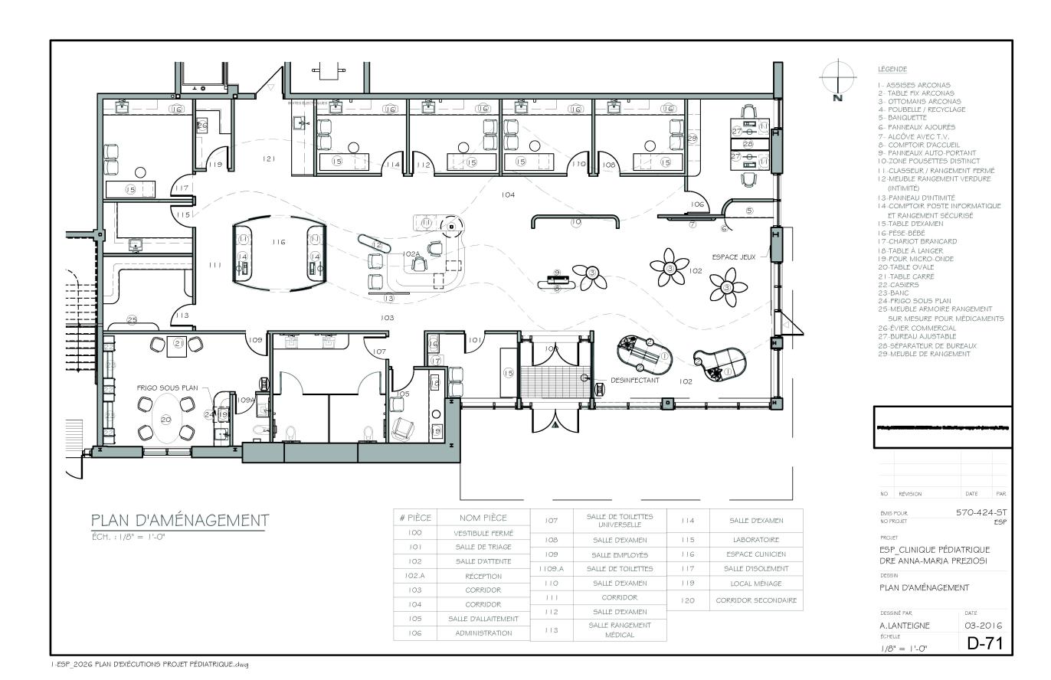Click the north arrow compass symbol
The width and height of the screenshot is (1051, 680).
pyautogui.click(x=839, y=77)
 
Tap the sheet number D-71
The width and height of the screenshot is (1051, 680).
pyautogui.click(x=984, y=643)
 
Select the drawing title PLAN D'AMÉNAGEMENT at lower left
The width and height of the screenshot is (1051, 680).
pyautogui.click(x=178, y=521)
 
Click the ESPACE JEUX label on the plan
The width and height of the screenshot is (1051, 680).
pyautogui.click(x=732, y=257)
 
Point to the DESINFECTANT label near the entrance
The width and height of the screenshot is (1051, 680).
pyautogui.click(x=634, y=380)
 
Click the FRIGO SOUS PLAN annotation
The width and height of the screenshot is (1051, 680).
pyautogui.click(x=167, y=387)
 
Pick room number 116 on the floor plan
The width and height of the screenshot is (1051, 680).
pyautogui.click(x=278, y=242)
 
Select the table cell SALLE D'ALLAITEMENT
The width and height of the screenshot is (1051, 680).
pyautogui.click(x=483, y=619)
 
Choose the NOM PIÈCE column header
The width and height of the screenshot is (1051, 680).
pyautogui.click(x=483, y=518)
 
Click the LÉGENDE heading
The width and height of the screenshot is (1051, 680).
pyautogui.click(x=892, y=69)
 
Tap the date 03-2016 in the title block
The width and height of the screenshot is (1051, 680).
pyautogui.click(x=984, y=626)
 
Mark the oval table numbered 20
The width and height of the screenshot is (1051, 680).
pyautogui.click(x=166, y=420)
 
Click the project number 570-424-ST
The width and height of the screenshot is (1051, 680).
pyautogui.click(x=981, y=512)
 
